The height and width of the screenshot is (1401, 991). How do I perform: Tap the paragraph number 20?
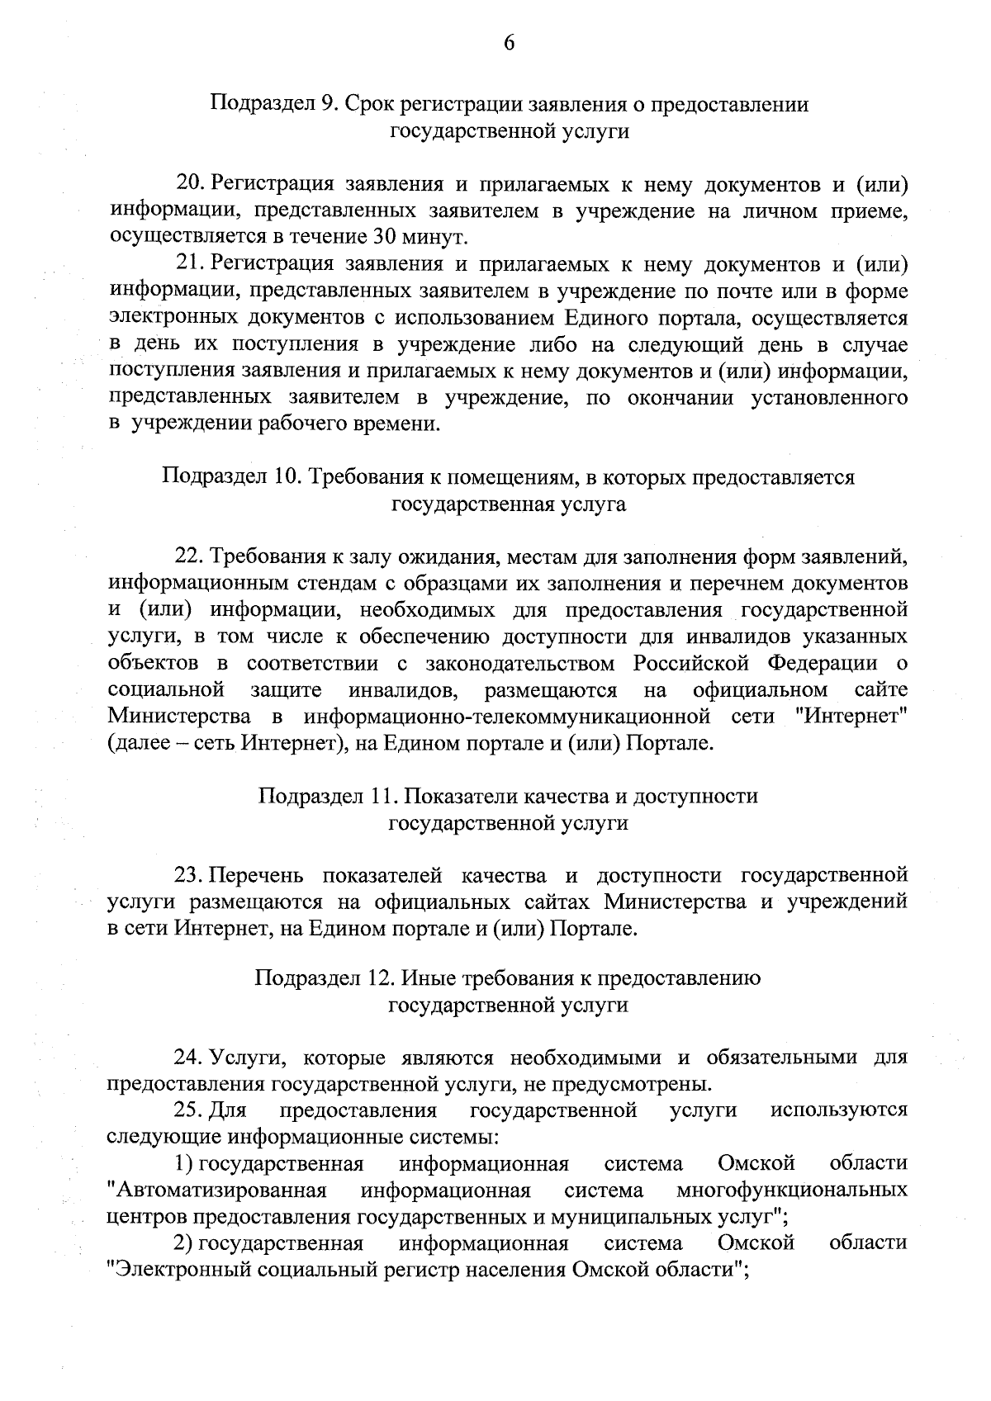(191, 184)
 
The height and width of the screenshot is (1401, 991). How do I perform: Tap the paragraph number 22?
(188, 557)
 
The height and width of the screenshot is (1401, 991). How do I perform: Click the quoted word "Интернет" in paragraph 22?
(856, 716)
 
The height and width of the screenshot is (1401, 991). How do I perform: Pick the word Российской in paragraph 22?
(692, 663)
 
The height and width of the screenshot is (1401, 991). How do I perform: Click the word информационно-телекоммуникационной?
(507, 716)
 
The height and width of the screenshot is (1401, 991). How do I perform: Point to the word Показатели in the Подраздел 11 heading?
(454, 796)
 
